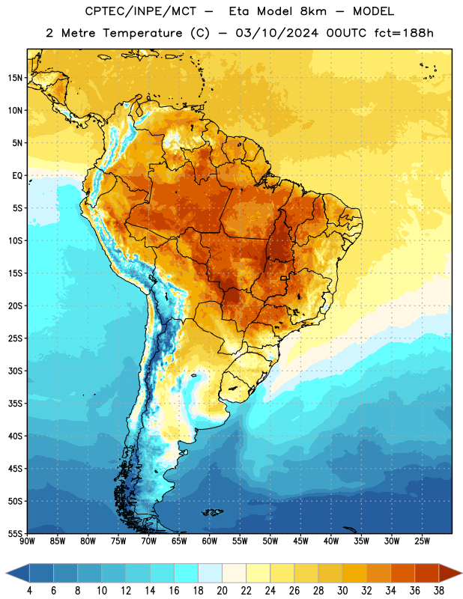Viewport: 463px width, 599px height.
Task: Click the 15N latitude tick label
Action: [15, 78]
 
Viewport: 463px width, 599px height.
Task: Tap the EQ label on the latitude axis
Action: [17, 176]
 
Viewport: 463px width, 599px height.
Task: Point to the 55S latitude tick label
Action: [15, 533]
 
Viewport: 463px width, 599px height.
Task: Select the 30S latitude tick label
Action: [15, 371]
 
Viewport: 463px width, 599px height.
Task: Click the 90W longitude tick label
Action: [27, 541]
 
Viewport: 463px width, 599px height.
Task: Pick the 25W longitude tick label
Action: [422, 541]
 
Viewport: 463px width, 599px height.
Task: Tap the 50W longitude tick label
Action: [270, 541]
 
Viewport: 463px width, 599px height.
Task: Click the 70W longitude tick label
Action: [149, 541]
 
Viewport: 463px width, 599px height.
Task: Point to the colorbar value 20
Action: [222, 591]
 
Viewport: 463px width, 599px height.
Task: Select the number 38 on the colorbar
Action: [439, 591]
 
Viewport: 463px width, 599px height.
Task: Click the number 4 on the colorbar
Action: [29, 591]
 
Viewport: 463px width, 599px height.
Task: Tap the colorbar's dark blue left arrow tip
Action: [6, 573]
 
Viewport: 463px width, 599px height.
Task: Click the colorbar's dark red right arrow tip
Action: [462, 573]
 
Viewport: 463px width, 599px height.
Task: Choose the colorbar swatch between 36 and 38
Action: [427, 573]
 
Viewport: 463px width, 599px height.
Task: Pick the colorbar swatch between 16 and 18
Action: [186, 573]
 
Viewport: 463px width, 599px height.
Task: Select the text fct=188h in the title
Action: [404, 33]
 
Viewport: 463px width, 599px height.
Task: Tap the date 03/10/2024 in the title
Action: [277, 33]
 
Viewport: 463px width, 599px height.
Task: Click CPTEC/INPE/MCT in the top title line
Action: [141, 11]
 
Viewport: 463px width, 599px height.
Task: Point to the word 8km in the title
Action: [313, 11]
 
